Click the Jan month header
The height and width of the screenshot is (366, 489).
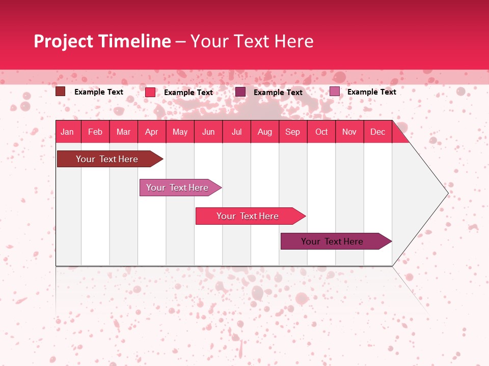click(67, 132)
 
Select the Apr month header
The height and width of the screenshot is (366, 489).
click(152, 132)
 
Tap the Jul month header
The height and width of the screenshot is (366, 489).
click(236, 132)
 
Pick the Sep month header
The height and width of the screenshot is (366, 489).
click(292, 132)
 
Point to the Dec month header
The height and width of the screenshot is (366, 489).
click(377, 132)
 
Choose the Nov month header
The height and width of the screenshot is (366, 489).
click(349, 132)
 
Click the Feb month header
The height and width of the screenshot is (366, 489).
click(95, 132)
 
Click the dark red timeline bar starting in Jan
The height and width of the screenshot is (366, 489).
click(107, 159)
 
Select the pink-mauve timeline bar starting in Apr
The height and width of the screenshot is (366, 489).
click(177, 188)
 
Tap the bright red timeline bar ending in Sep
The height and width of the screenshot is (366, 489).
click(248, 216)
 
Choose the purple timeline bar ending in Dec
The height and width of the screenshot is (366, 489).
click(332, 241)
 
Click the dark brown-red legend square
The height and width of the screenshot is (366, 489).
click(61, 91)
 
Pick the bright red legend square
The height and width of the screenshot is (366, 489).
click(150, 92)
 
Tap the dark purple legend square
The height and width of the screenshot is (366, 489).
click(240, 91)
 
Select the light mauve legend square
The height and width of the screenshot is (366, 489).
click(334, 91)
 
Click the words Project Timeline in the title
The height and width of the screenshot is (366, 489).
click(102, 41)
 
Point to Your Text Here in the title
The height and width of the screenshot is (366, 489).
click(252, 41)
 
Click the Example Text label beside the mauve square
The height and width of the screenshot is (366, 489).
click(371, 91)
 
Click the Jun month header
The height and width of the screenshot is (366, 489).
click(208, 132)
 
